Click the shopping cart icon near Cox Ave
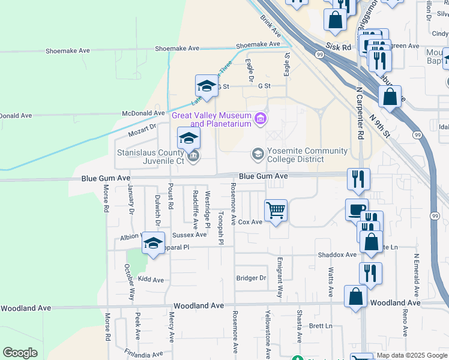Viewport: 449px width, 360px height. pos(276,211)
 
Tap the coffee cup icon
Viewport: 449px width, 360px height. pos(357,210)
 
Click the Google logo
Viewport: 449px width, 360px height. pos(20,353)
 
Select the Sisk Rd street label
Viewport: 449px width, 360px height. pos(339,46)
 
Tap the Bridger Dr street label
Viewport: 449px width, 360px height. pos(251,278)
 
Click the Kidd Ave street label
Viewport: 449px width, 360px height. pos(151,280)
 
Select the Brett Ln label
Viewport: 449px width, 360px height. pos(321,326)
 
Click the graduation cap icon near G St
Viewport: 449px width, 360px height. pos(206,86)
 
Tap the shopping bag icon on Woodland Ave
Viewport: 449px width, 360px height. pos(355,296)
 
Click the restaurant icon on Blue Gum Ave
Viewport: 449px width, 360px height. pos(358,178)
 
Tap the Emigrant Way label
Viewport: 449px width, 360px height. pos(280,278)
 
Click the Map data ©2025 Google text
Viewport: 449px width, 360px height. pos(411,355)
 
